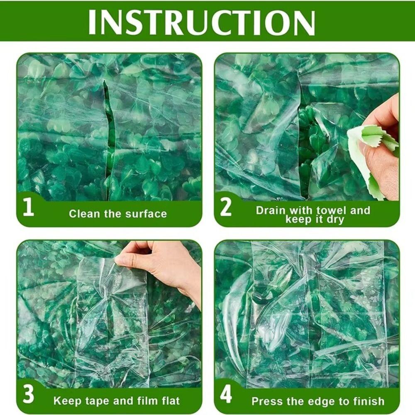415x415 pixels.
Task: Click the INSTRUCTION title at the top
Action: click(x=202, y=21)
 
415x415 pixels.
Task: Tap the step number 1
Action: click(x=28, y=207)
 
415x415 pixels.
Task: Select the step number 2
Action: click(x=226, y=207)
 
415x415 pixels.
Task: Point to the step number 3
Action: click(x=28, y=395)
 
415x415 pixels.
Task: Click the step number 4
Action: click(x=226, y=395)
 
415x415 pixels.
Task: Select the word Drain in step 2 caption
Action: click(x=271, y=210)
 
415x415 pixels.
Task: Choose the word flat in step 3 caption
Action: click(x=169, y=401)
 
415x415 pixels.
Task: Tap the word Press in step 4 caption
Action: click(x=266, y=401)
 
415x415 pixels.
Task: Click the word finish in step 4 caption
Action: click(x=368, y=401)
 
